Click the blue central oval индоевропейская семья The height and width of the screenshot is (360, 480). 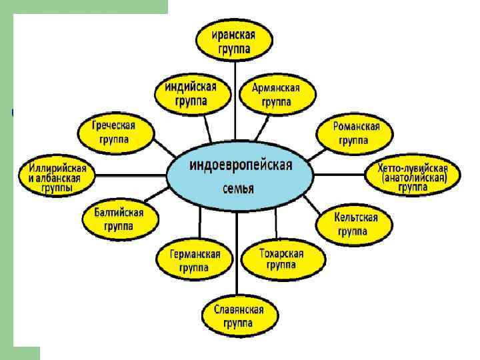click(239, 175)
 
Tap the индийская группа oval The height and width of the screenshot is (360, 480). click(191, 94)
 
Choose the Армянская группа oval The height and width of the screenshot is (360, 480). click(275, 95)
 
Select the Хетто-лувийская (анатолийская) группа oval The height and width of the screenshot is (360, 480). click(413, 177)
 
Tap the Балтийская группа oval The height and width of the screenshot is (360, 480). click(118, 219)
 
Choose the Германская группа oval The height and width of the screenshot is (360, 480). click(193, 261)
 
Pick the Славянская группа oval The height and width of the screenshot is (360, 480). click(237, 316)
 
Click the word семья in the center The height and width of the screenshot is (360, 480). click(238, 189)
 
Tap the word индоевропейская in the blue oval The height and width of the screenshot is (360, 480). click(241, 165)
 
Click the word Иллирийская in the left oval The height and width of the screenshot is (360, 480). click(56, 167)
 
